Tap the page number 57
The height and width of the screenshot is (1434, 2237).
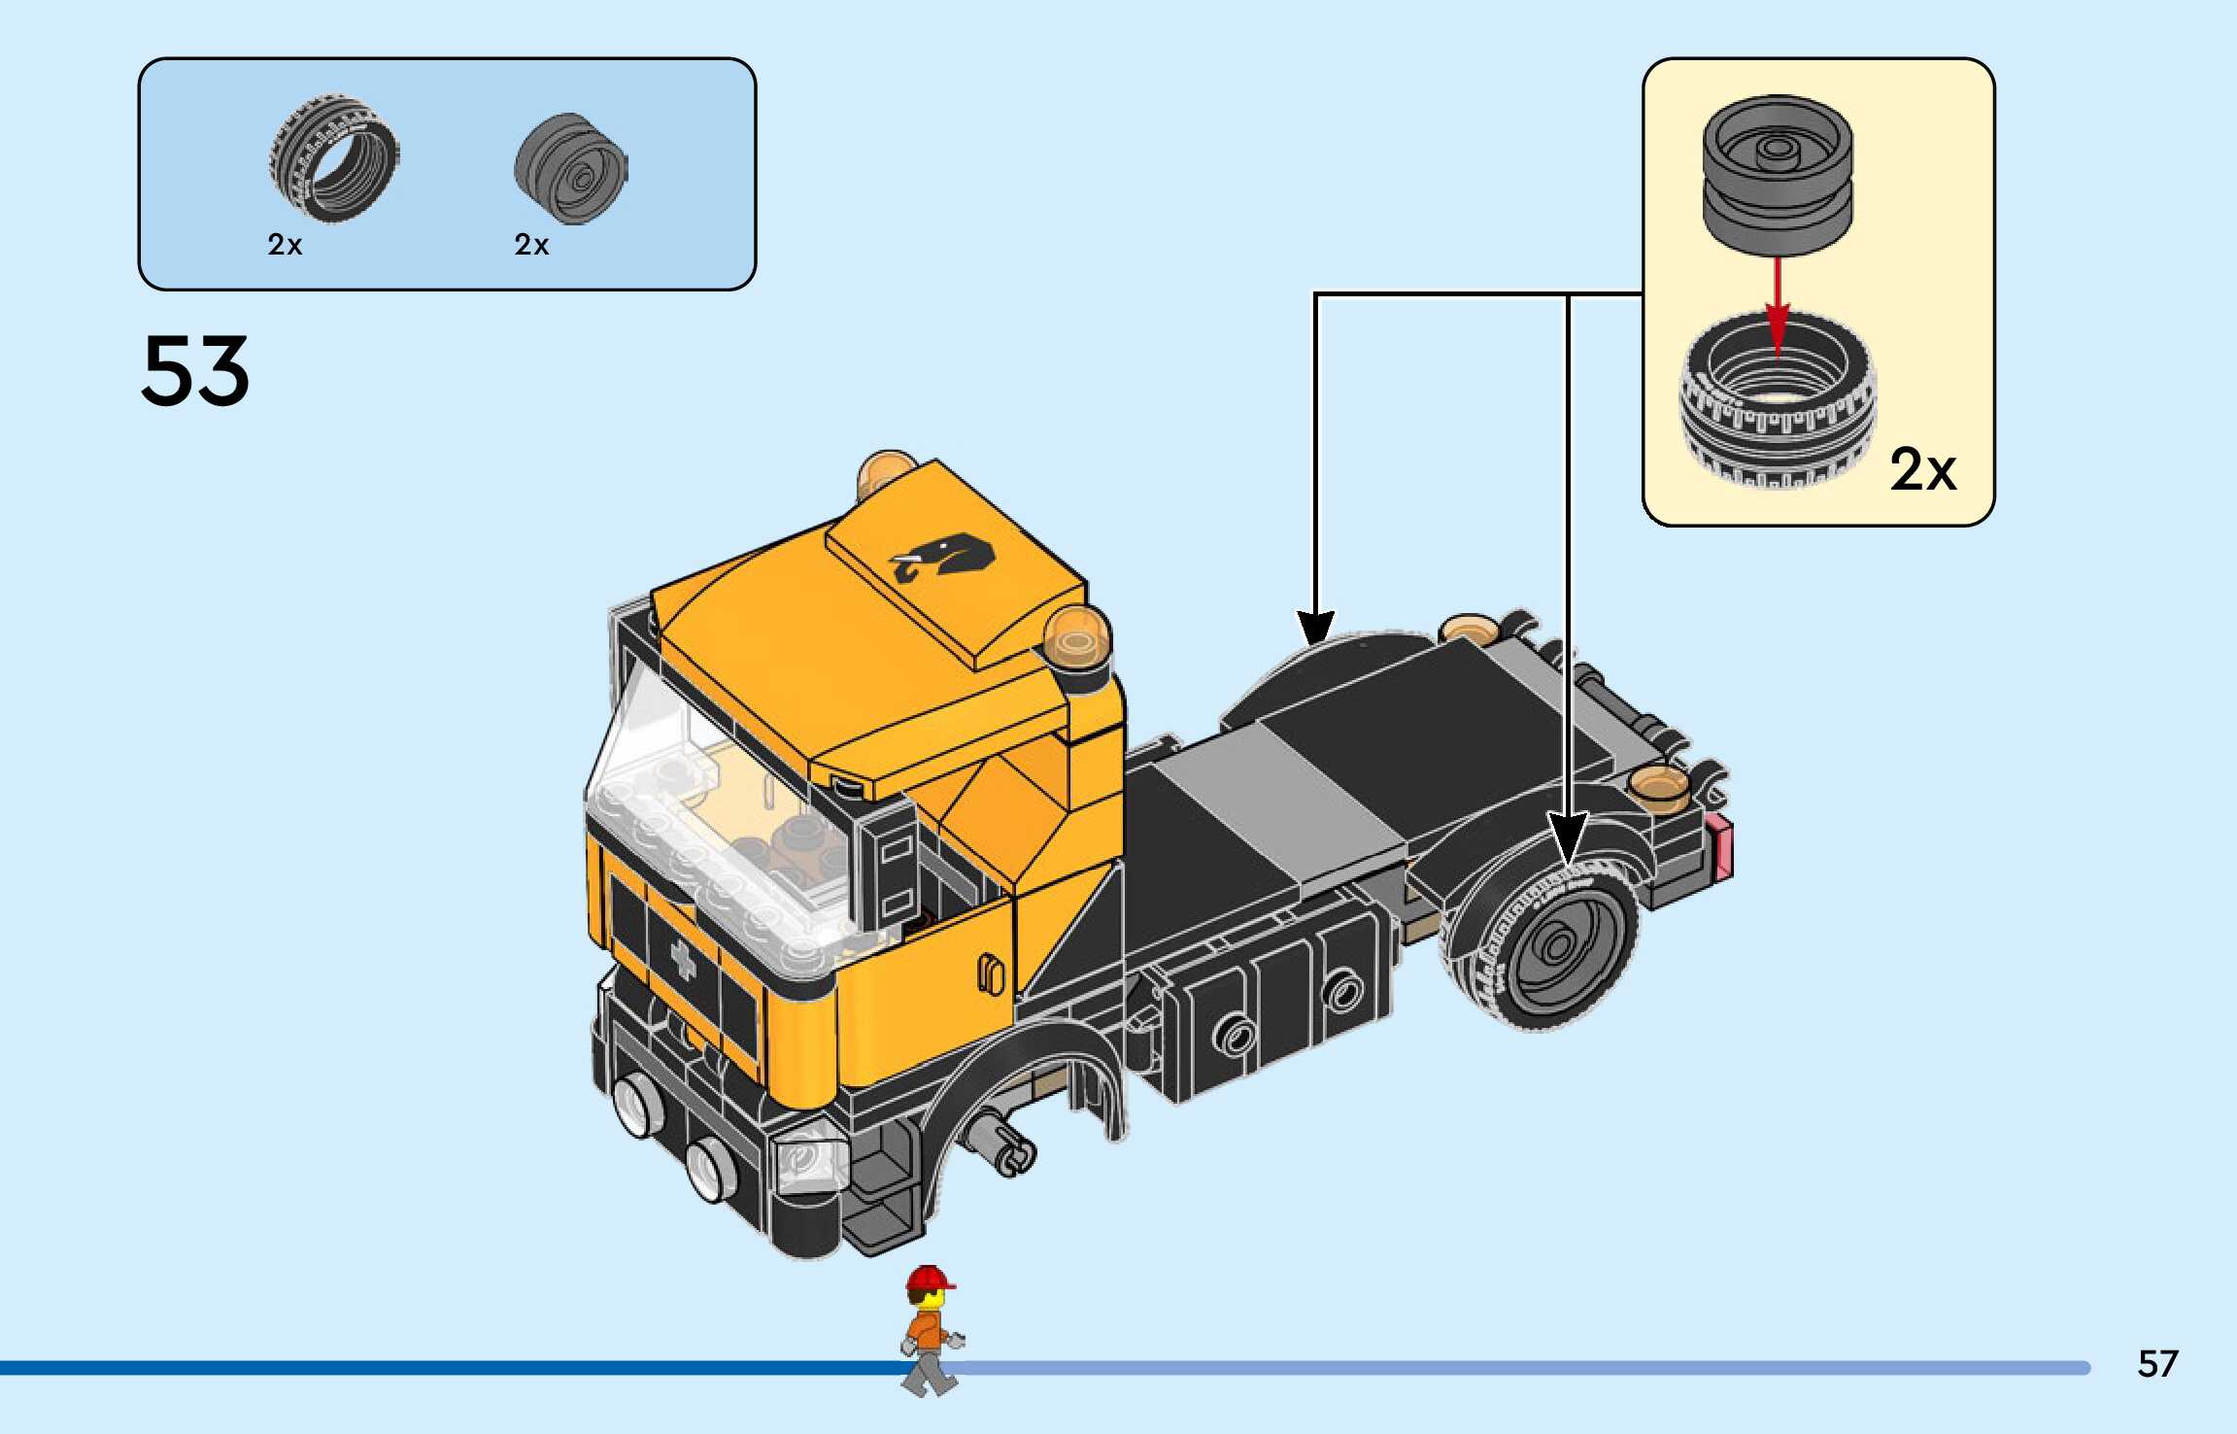pos(2157,1364)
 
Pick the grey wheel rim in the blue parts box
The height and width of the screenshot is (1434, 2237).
pos(571,169)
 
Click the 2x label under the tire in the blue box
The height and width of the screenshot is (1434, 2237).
pos(285,245)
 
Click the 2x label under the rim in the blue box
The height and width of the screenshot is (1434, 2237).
pos(531,245)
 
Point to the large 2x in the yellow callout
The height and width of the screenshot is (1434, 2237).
pos(1922,470)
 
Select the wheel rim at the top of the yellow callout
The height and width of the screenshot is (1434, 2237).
pos(1777,175)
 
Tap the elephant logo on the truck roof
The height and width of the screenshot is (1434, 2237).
pos(944,557)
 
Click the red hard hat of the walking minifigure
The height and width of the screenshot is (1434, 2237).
pos(930,1279)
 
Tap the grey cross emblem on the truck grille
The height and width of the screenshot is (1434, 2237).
pos(684,957)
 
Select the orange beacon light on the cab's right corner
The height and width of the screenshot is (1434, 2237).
pos(1077,632)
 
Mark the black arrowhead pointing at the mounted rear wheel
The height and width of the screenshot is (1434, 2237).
pos(1568,837)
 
